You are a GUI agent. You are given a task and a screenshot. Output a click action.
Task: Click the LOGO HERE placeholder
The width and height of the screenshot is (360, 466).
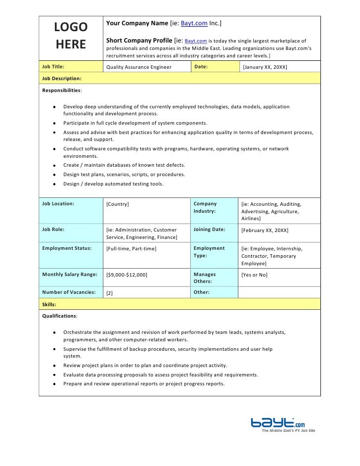[x=71, y=36]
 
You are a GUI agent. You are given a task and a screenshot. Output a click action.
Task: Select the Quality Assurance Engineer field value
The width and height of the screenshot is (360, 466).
[x=139, y=67]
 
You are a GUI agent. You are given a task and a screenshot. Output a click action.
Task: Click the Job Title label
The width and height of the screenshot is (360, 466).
[x=53, y=66]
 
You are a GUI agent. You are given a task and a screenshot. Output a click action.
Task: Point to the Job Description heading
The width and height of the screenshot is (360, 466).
[x=62, y=78]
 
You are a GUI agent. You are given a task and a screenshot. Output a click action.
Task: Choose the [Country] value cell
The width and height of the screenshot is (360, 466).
[x=118, y=204]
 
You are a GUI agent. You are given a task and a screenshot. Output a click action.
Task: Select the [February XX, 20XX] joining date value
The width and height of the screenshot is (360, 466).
[x=265, y=231]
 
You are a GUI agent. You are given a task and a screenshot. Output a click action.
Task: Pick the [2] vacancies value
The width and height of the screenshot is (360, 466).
[x=110, y=293]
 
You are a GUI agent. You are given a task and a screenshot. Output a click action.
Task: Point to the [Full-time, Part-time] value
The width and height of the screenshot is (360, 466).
[x=132, y=248]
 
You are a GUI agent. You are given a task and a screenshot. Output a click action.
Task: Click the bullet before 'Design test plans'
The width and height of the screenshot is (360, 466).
[x=53, y=175]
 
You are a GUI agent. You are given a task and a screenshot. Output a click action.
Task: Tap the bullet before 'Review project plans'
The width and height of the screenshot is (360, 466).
[x=53, y=366]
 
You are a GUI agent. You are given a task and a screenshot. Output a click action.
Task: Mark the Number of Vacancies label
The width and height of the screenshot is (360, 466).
[x=69, y=292]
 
